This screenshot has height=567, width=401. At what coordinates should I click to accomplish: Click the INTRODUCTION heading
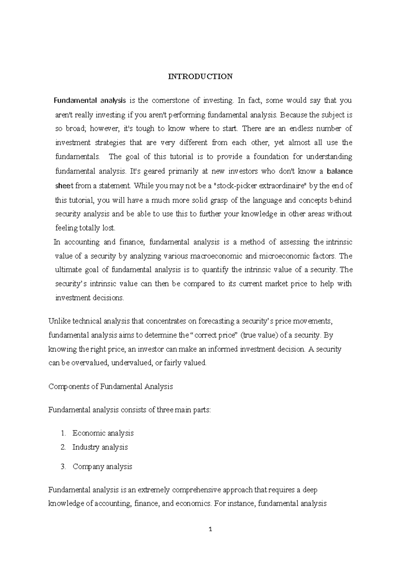[x=200, y=77]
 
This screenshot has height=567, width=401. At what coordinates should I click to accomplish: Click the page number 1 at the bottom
[x=210, y=529]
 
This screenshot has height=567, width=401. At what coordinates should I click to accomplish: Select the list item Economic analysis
[x=103, y=433]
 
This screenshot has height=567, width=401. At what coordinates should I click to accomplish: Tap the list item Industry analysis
[x=100, y=447]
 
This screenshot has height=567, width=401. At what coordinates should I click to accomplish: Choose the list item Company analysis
[x=102, y=467]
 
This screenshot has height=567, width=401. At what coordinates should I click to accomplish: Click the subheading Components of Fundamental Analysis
[x=111, y=387]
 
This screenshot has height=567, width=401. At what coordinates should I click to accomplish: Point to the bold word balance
[x=340, y=172]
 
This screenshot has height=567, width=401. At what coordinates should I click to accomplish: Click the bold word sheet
[x=64, y=186]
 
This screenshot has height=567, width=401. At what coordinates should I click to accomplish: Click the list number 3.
[x=63, y=467]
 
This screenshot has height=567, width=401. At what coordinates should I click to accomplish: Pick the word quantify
[x=213, y=270]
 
